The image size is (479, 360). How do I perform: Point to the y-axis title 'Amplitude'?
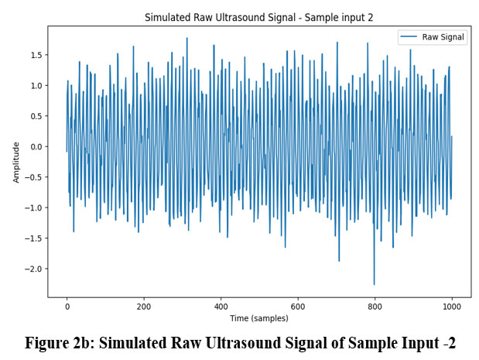tap(16, 161)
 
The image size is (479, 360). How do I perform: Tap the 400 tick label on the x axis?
tap(221, 306)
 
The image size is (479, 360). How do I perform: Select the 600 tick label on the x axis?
tap(298, 306)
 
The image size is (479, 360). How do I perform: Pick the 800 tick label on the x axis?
tap(375, 306)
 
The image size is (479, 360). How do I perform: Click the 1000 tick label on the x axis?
tap(451, 306)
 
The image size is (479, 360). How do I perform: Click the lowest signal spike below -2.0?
tap(374, 283)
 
